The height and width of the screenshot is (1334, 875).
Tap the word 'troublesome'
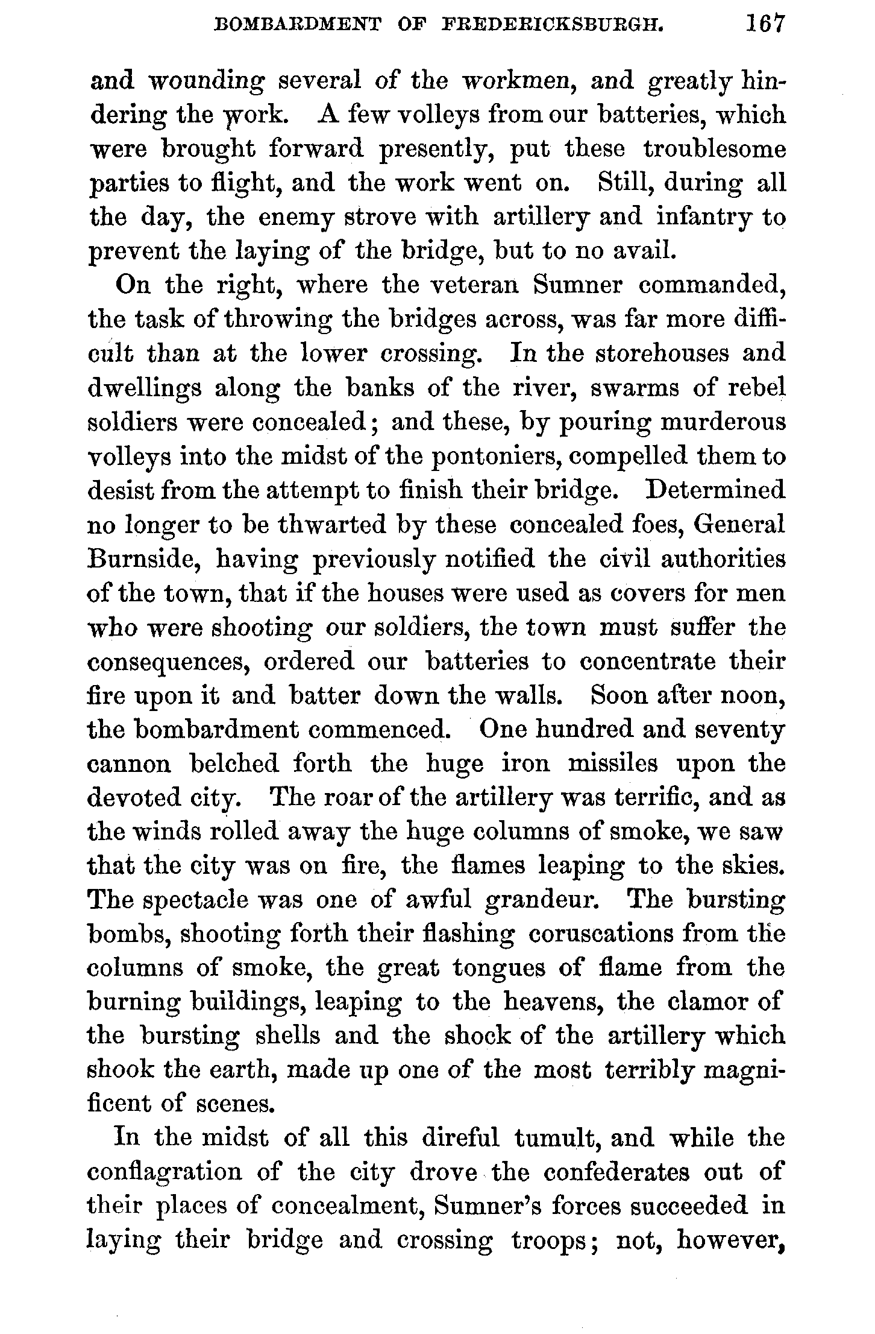(x=715, y=149)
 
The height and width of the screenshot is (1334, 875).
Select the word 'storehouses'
(x=662, y=353)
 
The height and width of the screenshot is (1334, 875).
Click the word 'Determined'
(x=715, y=490)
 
